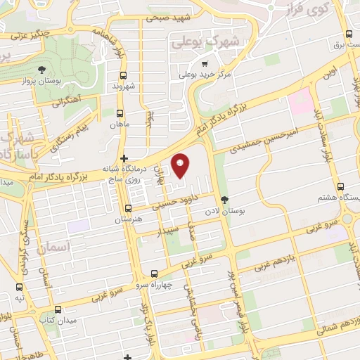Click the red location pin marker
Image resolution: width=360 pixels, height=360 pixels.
pos(181,165)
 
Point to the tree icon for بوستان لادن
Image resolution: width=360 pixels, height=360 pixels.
pos(224,200)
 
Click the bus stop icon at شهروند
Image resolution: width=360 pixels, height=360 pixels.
pos(123,75)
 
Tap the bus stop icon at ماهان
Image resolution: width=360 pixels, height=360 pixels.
pos(120,112)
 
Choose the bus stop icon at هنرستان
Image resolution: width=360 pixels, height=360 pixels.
pos(127,208)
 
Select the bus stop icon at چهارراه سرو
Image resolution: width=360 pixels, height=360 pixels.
pos(154,274)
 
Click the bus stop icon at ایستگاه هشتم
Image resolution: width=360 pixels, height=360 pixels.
pos(341,188)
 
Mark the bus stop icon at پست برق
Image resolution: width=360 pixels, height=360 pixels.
pos(349,34)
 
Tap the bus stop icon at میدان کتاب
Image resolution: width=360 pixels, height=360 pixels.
pos(58,309)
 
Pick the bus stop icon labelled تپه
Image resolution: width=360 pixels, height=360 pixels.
pos(18,286)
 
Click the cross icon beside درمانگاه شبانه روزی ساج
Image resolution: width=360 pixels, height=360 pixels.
pos(124,159)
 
